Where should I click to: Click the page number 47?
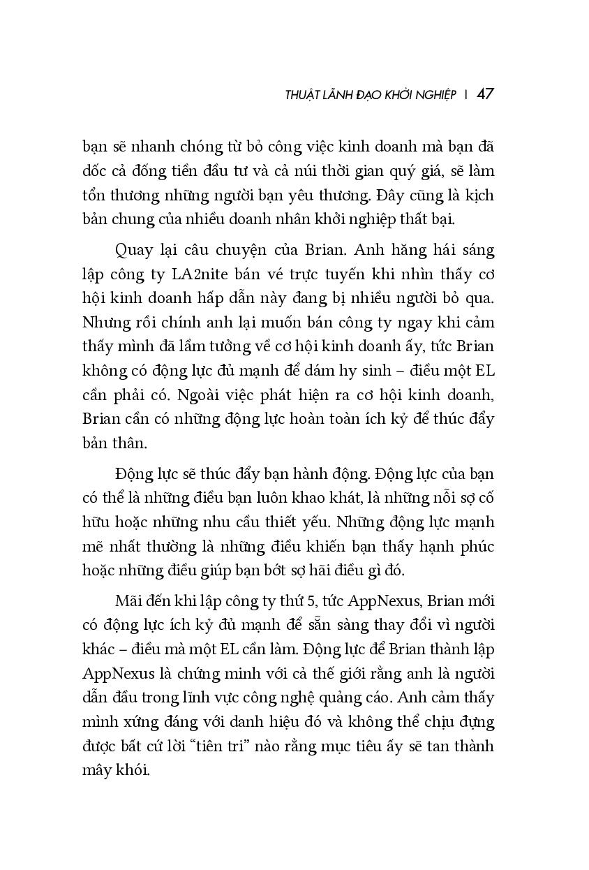[x=486, y=94]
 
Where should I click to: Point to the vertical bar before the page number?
[x=465, y=94]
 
